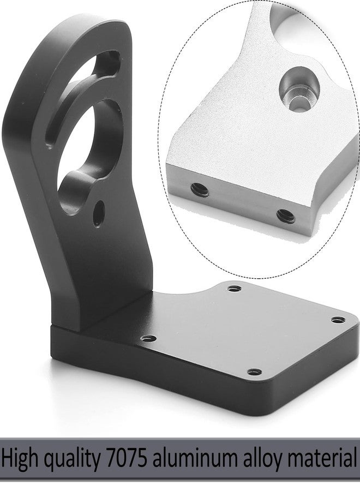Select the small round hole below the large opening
(x=100, y=214)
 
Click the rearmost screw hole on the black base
(x=234, y=288)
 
